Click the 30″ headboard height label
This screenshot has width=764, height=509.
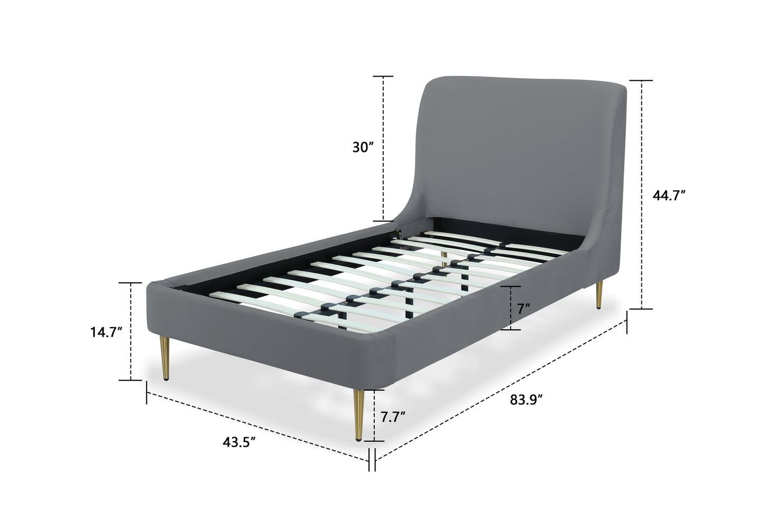(363, 147)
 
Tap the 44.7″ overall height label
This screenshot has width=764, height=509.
(669, 196)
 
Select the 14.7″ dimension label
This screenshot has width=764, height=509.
(106, 332)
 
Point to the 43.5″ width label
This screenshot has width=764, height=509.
(239, 442)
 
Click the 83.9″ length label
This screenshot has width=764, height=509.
(526, 400)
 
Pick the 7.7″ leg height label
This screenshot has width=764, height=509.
(393, 417)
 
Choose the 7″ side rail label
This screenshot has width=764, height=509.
(523, 309)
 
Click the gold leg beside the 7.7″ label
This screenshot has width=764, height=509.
(359, 415)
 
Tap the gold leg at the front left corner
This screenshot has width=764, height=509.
(165, 358)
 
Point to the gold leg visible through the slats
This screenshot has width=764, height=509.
(444, 259)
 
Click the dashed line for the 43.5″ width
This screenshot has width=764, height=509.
(258, 427)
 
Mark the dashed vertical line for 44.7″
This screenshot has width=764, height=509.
(641, 195)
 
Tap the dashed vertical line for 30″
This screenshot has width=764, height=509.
(383, 149)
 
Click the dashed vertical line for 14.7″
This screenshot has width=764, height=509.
(131, 331)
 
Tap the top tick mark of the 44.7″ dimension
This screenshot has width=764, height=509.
(641, 81)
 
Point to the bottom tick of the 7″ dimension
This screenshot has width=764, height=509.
(511, 330)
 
